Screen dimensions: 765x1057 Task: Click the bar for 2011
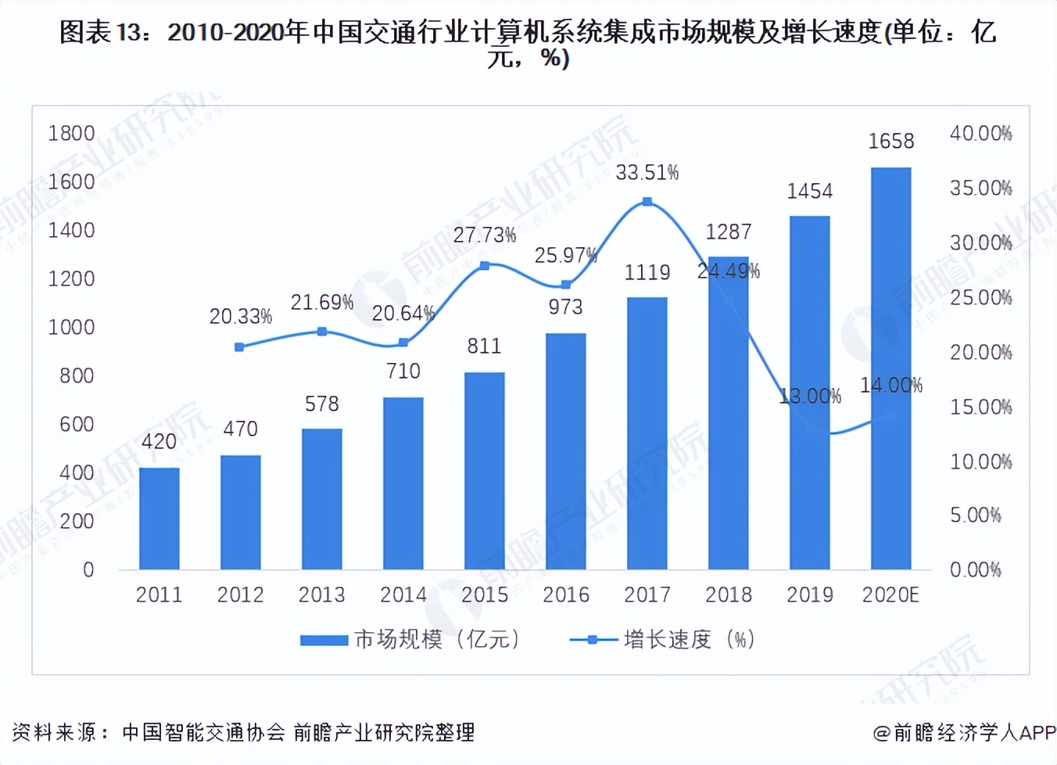coord(159,518)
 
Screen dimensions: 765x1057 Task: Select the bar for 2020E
coord(890,368)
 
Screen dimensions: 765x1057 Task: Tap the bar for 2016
coord(565,451)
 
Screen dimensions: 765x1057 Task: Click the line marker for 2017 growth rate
coord(647,202)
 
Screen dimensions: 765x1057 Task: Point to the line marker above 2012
coord(239,347)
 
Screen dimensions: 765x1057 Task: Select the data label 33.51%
coord(647,172)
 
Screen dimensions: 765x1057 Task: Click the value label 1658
coord(890,141)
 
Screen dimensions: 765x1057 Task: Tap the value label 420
coord(159,441)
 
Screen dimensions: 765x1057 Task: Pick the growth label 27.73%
coord(484,235)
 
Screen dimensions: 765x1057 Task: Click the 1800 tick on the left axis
coord(71,133)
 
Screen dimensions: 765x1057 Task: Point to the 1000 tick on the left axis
coord(71,327)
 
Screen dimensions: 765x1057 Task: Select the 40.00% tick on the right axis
coord(980,133)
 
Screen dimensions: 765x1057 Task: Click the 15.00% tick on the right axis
coord(980,407)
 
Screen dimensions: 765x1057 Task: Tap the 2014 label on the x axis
coord(403,594)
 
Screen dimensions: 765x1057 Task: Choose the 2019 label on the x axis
coord(809,594)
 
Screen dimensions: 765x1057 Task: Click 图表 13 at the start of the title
coord(102,32)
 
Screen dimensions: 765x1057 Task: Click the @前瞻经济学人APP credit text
coord(964,732)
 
